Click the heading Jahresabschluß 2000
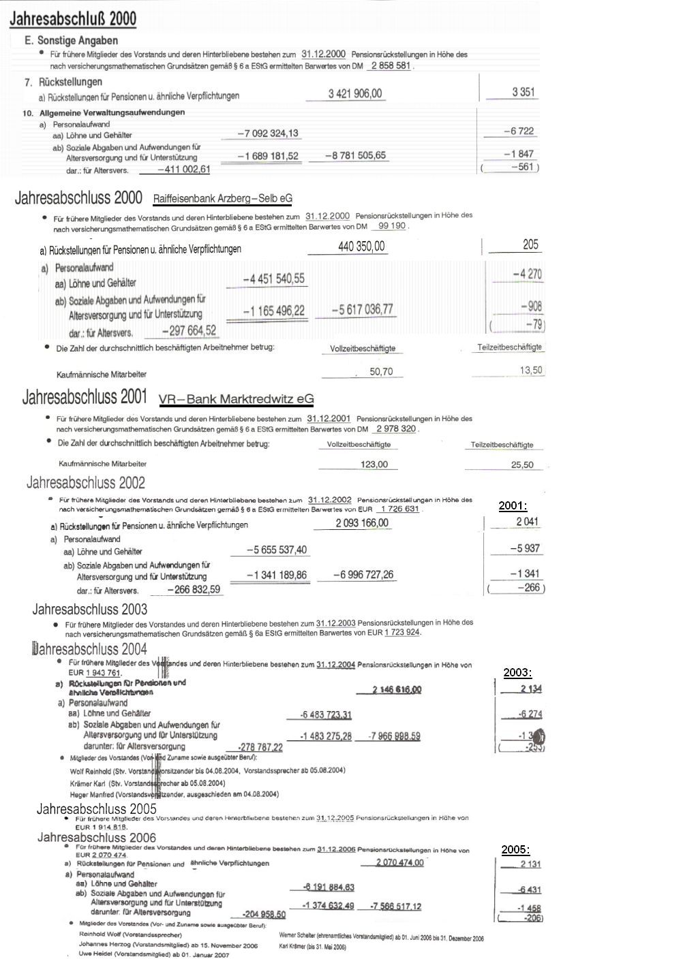point(73,18)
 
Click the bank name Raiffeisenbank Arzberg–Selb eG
point(222,199)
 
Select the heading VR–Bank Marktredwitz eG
point(236,399)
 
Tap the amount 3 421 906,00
point(355,93)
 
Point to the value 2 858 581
point(391,66)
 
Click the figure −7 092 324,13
point(267,133)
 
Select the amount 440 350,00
point(361,247)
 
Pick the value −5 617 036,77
point(362,310)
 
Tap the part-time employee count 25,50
point(521,465)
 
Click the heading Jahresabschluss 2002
point(86,483)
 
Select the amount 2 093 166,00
point(362,523)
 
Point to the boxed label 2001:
point(513,505)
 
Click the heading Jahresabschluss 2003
point(90,609)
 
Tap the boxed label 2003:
point(517,672)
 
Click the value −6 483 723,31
point(326,714)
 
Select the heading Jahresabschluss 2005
point(96,809)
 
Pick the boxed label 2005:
point(515,849)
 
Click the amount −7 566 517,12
point(395,906)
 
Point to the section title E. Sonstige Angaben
point(71,41)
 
